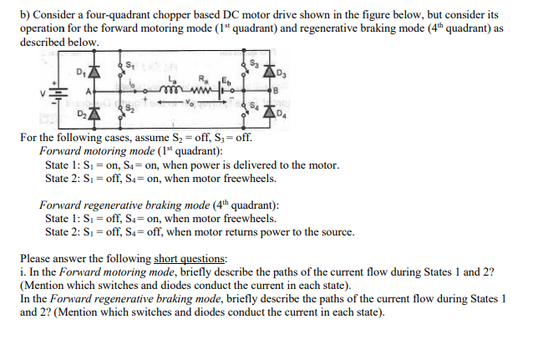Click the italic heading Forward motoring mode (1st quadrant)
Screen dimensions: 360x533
click(131, 151)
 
